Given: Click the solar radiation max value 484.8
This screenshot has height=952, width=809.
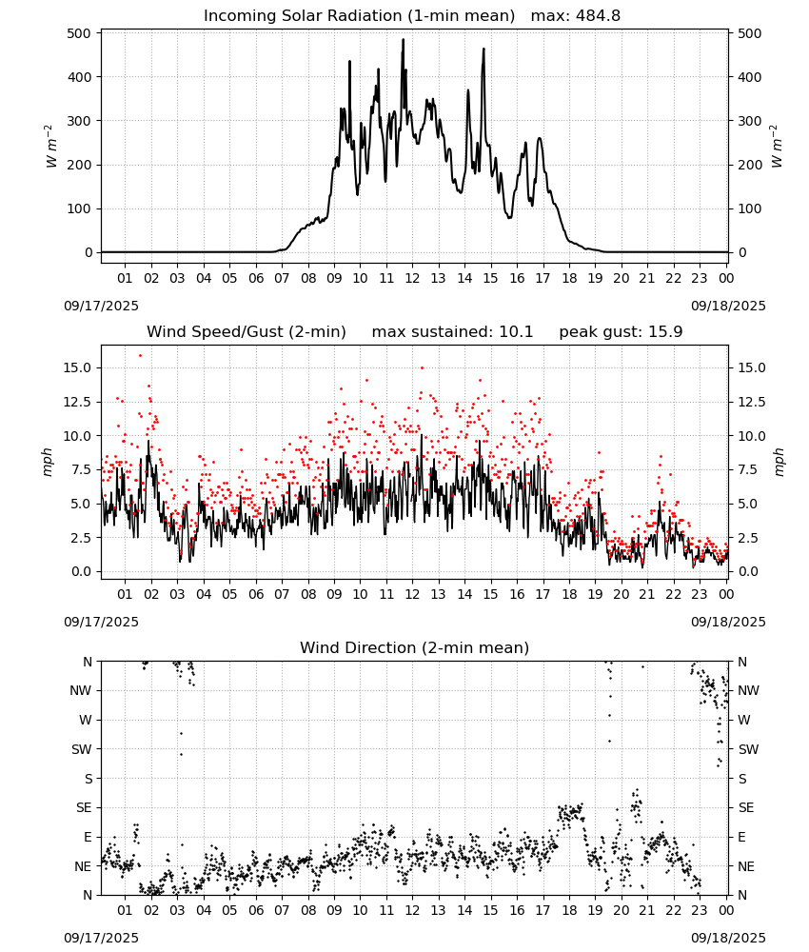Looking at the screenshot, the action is [x=596, y=16].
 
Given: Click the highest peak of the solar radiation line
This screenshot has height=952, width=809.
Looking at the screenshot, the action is [x=403, y=40].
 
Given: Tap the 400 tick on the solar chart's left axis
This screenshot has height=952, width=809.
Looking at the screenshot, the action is [x=80, y=77].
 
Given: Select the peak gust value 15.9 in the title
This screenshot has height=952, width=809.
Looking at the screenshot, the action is [x=666, y=332].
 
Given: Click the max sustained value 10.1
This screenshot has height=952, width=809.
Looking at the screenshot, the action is [x=516, y=332].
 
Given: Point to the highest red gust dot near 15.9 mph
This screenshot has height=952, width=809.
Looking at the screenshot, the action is [x=140, y=356].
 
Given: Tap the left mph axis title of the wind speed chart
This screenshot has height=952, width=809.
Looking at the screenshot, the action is [x=48, y=462].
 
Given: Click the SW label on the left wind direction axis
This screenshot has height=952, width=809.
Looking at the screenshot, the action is [x=82, y=749].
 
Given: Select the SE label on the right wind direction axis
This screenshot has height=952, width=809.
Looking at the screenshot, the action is [x=746, y=807].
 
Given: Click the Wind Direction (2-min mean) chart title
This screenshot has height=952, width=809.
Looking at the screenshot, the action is [x=415, y=647].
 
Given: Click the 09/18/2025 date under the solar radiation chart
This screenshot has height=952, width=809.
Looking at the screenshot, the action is [x=728, y=306].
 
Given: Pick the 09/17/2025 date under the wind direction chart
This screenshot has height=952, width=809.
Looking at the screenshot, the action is [x=101, y=938].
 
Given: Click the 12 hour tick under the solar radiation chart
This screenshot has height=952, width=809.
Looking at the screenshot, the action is [x=412, y=278].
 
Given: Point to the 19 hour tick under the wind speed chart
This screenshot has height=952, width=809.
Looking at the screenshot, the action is [x=595, y=594].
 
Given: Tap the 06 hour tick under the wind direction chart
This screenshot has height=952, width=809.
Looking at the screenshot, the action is [x=255, y=910].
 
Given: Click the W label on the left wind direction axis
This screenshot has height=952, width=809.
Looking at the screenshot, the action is [x=86, y=720].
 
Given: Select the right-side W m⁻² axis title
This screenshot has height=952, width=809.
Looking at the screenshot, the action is [x=777, y=147].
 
